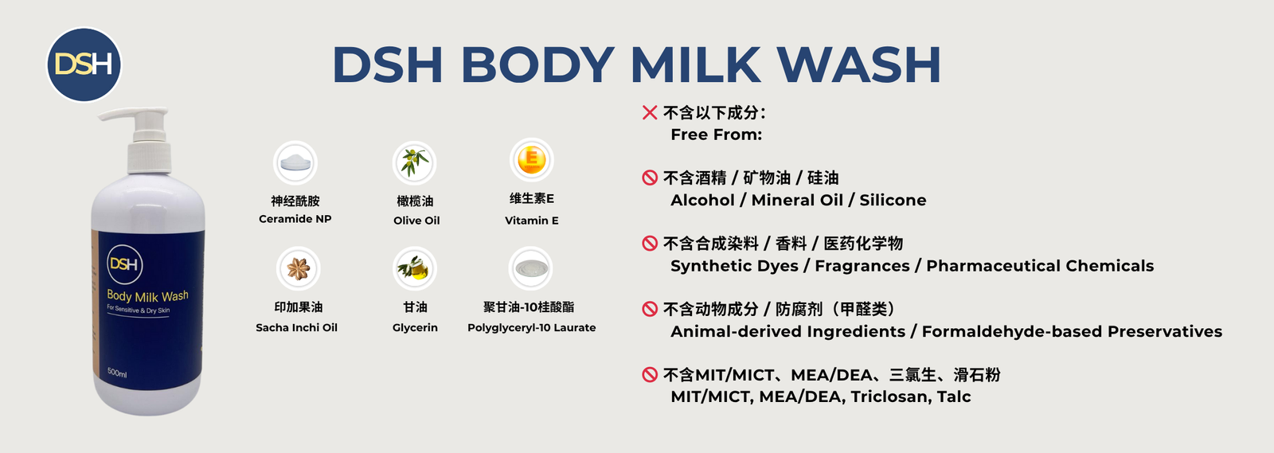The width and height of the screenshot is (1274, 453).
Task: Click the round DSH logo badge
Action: [x=84, y=64]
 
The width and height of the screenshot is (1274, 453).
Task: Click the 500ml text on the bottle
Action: [x=117, y=373]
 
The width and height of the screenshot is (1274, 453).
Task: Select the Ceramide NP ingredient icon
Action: [x=295, y=163]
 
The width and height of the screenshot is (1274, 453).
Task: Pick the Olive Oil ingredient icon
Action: [x=415, y=163]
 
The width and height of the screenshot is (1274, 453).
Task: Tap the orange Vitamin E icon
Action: [x=531, y=160]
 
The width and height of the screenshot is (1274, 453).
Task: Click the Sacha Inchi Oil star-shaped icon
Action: [x=298, y=268]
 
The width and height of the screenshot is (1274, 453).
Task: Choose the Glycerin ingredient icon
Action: [x=415, y=268]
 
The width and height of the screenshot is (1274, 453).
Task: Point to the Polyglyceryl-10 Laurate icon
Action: [x=530, y=268]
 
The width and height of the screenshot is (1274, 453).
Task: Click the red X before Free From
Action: [x=650, y=112]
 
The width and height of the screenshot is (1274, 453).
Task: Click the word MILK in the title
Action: [x=696, y=64]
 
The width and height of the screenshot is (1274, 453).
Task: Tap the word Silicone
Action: [x=893, y=200]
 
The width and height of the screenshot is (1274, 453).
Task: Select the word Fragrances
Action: [x=862, y=266]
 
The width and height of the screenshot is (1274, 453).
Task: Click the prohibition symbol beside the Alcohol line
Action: [x=650, y=178]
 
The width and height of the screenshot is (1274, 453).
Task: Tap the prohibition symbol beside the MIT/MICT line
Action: [x=650, y=374]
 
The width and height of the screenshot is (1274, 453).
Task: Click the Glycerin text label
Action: [x=415, y=328]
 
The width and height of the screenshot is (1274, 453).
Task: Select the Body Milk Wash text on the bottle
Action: [x=147, y=295]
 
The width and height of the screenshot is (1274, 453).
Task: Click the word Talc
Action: [x=954, y=396]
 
